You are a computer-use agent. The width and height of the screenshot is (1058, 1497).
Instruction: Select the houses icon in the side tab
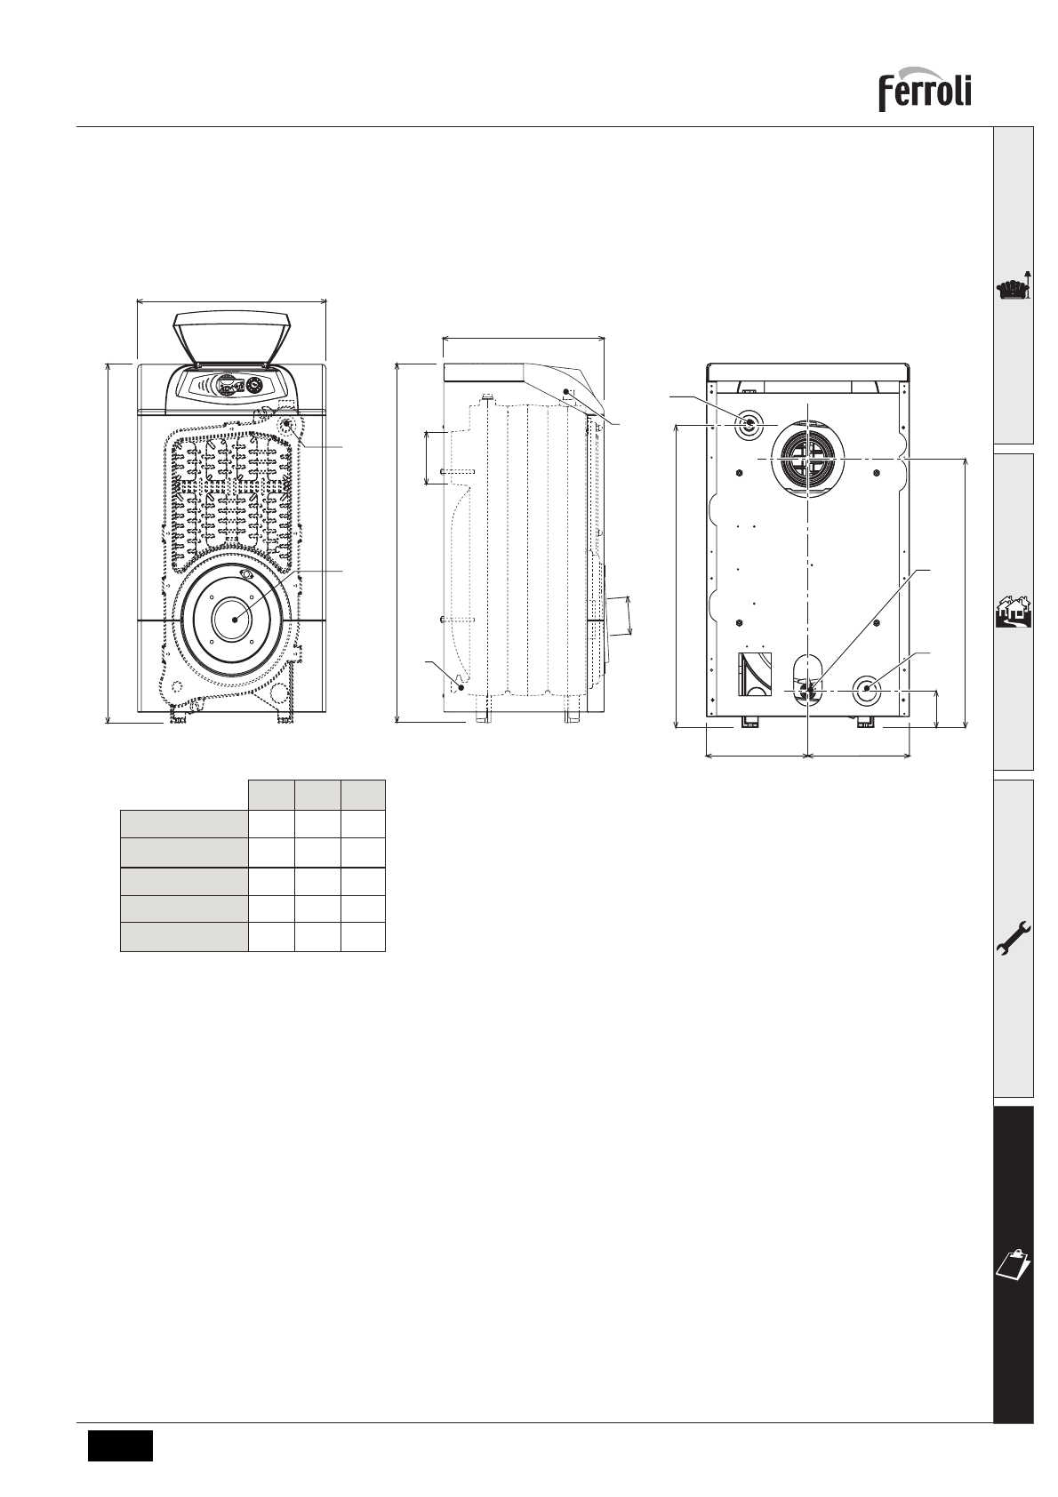point(1014,611)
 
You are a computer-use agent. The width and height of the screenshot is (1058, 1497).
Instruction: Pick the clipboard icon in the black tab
point(1014,1264)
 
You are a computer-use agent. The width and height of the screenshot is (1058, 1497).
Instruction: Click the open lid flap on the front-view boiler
point(232,338)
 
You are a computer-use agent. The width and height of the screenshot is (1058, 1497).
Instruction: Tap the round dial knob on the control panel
point(254,385)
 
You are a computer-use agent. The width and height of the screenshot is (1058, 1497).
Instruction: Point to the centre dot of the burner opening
point(235,620)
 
